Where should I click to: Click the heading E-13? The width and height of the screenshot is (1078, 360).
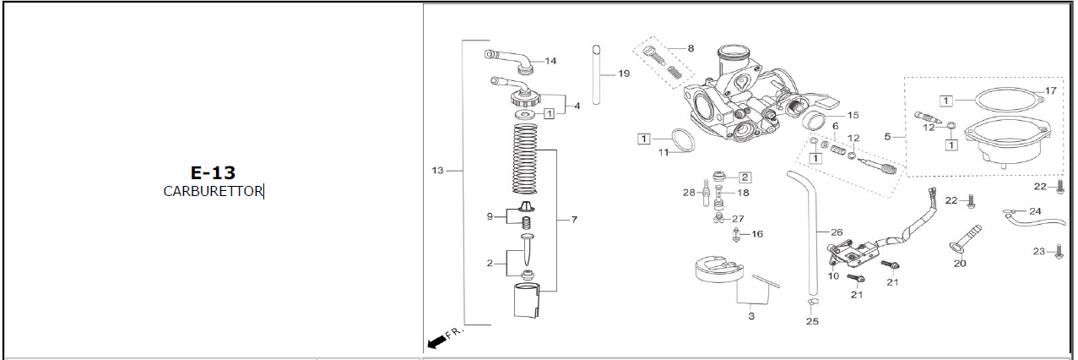(213, 172)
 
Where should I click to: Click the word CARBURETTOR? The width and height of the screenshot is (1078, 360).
(213, 191)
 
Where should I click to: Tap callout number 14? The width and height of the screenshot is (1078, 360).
(550, 61)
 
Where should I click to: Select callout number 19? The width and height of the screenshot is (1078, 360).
(624, 74)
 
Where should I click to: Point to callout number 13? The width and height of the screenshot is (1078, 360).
(437, 171)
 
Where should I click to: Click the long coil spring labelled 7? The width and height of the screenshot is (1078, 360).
(526, 156)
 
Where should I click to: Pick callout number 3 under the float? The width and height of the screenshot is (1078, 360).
(750, 317)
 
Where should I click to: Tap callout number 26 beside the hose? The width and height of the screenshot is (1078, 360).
(837, 232)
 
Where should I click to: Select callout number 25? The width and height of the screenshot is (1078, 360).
(812, 321)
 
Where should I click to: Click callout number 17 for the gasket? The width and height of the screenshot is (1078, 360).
(1050, 90)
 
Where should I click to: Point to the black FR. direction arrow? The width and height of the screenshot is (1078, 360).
(437, 341)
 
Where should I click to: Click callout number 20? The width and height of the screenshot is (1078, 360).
(960, 263)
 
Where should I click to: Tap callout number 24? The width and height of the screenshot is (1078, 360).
(1035, 210)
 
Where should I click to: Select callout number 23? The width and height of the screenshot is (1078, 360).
(1039, 251)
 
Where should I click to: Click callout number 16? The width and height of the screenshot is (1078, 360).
(756, 234)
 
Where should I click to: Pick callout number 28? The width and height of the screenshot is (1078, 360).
(689, 193)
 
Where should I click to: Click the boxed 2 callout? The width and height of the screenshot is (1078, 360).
(745, 177)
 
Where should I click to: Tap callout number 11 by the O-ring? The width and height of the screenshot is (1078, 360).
(664, 153)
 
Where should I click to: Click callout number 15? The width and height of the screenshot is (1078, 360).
(853, 114)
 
